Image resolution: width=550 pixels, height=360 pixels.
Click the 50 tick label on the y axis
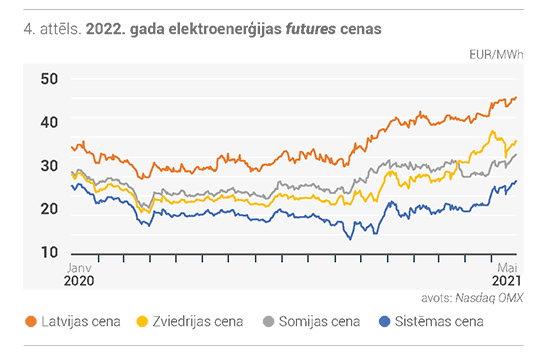point(49,79)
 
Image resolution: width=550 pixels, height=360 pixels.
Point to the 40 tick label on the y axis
point(49,122)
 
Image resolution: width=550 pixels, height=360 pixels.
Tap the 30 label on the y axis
point(49,166)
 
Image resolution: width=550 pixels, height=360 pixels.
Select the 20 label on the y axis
point(49,209)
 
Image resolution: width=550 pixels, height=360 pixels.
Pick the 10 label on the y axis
point(49,252)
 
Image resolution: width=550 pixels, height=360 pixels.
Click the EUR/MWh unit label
point(496,55)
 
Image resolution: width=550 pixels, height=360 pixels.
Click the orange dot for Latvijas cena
point(31,321)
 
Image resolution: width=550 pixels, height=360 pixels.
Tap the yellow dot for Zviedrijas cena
point(142,321)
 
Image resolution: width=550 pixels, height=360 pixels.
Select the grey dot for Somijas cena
point(268,321)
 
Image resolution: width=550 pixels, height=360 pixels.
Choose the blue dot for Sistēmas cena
point(385,321)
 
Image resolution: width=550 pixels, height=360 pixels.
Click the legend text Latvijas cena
point(81,321)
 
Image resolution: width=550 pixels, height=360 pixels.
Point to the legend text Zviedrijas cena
point(197,321)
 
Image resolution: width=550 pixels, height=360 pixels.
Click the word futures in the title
point(311,29)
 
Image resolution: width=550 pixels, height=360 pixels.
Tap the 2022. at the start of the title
point(106,29)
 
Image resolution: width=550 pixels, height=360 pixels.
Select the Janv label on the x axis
point(79,268)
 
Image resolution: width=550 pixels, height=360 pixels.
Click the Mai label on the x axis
point(507,268)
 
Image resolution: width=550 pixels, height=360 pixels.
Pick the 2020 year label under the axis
point(79,281)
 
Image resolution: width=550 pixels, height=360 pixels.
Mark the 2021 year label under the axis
point(506,281)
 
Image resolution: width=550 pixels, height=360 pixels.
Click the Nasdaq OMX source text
point(489,298)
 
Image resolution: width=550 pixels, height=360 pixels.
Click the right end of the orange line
point(516,97)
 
